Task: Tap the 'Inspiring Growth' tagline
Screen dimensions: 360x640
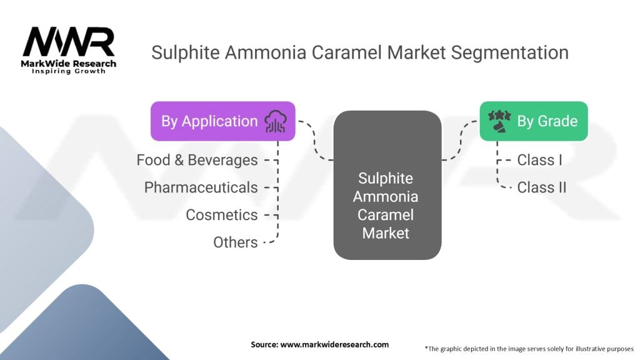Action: [69, 72]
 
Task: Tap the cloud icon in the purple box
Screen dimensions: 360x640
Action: [276, 121]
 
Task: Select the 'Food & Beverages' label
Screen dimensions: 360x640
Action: [197, 160]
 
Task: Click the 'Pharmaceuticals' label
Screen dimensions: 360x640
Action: [201, 187]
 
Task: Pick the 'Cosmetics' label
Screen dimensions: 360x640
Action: [221, 215]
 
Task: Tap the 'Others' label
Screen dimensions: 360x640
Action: [235, 242]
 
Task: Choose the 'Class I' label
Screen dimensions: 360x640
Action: [539, 160]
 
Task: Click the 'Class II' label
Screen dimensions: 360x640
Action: [541, 187]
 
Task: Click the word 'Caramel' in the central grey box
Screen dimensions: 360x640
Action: [387, 215]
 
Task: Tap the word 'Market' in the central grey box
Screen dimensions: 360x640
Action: [387, 233]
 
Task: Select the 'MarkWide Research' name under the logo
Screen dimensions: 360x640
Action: [69, 64]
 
